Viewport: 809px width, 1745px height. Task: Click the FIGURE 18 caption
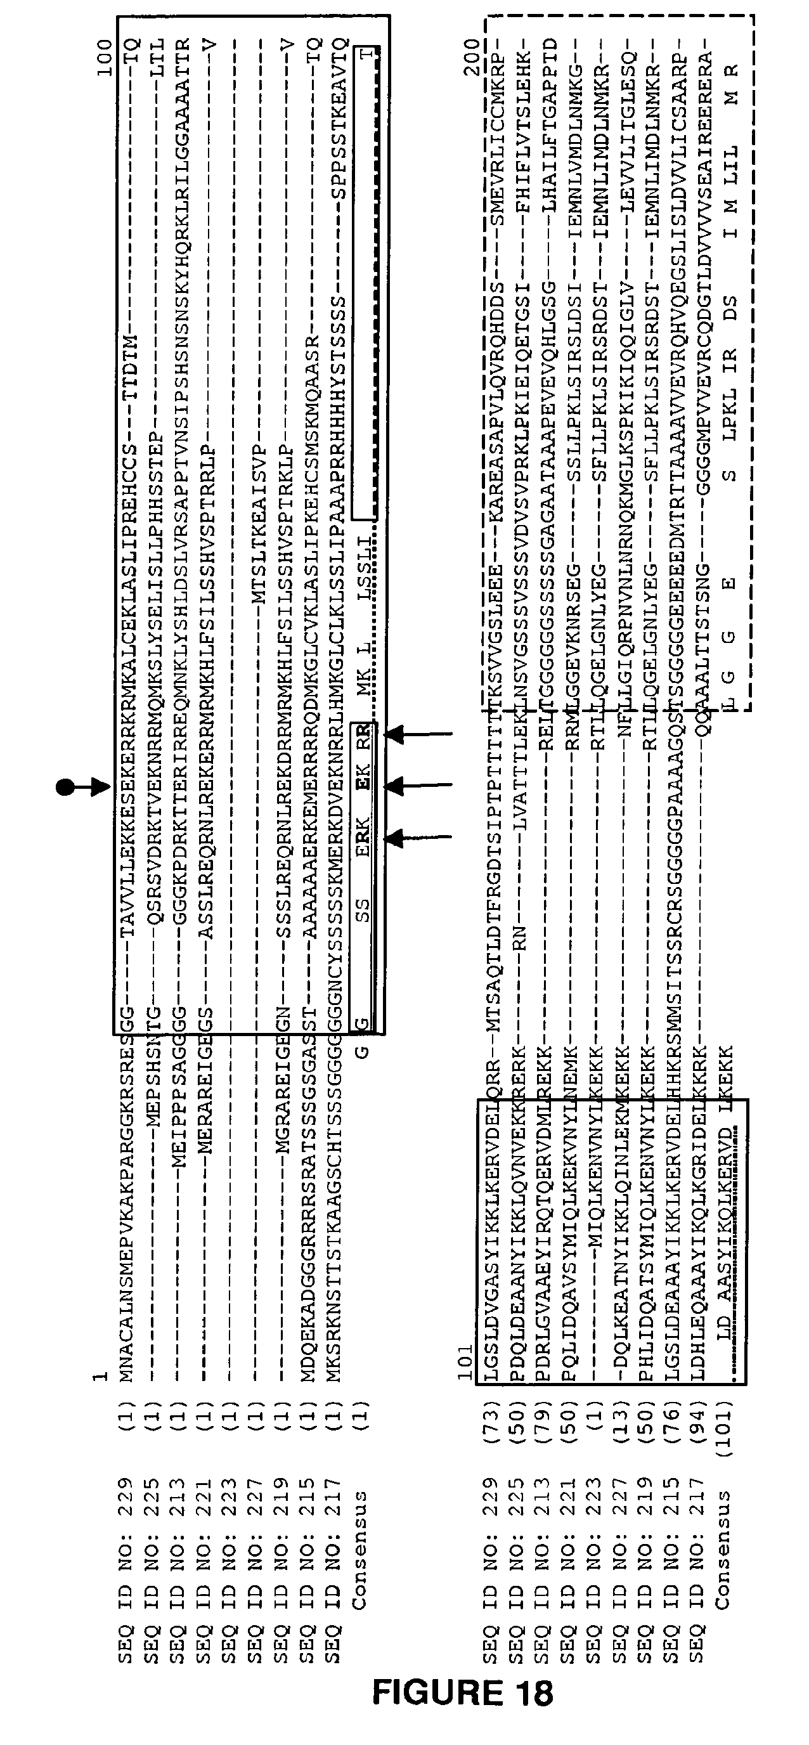(x=463, y=1693)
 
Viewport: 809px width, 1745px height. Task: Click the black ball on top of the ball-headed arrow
(x=65, y=786)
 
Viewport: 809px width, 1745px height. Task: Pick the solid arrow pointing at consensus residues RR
(x=417, y=734)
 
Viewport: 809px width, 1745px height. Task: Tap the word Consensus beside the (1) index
(x=361, y=1551)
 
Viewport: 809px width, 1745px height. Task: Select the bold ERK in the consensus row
(x=363, y=838)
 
